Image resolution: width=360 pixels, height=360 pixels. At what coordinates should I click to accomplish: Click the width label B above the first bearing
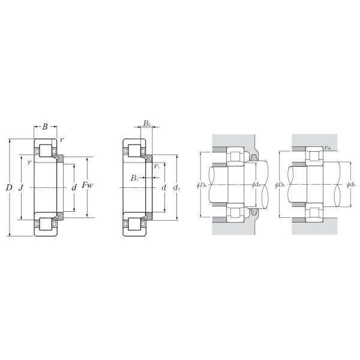click(x=45, y=127)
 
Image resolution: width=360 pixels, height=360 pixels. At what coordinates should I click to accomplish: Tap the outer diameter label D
click(x=8, y=188)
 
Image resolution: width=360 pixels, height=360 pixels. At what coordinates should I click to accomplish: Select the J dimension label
click(x=22, y=188)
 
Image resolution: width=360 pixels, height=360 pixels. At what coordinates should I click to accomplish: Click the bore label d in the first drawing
click(x=74, y=188)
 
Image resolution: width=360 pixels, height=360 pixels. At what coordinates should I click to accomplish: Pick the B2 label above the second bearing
click(x=147, y=124)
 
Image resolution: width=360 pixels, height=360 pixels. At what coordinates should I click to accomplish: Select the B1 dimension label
click(x=135, y=178)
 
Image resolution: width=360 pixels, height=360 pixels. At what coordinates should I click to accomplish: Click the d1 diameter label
click(x=176, y=188)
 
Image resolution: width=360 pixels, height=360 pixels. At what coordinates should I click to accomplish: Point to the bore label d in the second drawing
click(x=163, y=188)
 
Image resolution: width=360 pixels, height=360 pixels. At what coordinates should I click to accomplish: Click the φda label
click(x=256, y=185)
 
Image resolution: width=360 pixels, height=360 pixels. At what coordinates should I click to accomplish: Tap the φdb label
click(x=351, y=185)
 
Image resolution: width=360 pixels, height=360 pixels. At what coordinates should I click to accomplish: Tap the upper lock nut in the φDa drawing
click(x=254, y=158)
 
